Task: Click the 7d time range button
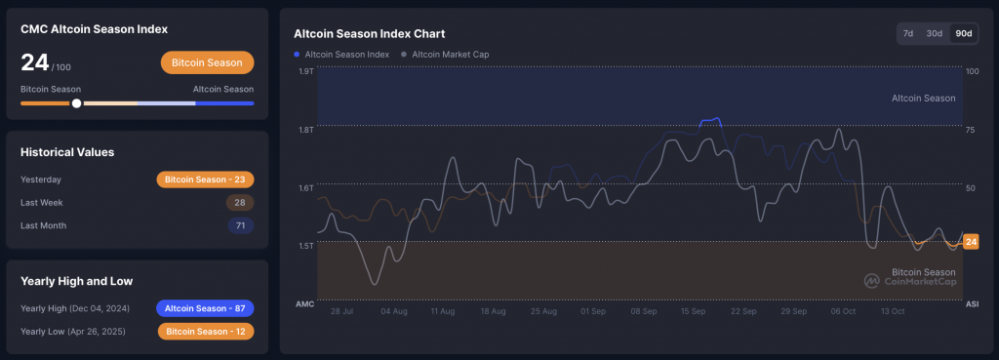908,33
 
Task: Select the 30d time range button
934,33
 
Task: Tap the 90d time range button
963,33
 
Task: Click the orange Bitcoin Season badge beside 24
207,62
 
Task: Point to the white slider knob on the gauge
76,103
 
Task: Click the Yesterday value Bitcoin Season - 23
205,180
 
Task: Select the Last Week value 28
240,203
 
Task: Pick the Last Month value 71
241,225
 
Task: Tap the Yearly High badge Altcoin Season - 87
205,308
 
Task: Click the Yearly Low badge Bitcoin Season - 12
206,332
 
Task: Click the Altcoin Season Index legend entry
341,55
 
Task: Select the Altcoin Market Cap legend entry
445,55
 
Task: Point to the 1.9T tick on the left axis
305,70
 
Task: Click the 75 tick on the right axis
972,130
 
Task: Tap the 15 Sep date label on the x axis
694,311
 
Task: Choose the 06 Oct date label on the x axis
843,311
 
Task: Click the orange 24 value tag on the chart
971,242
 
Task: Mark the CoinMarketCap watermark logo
910,281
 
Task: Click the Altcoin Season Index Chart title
370,34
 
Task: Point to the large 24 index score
35,62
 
